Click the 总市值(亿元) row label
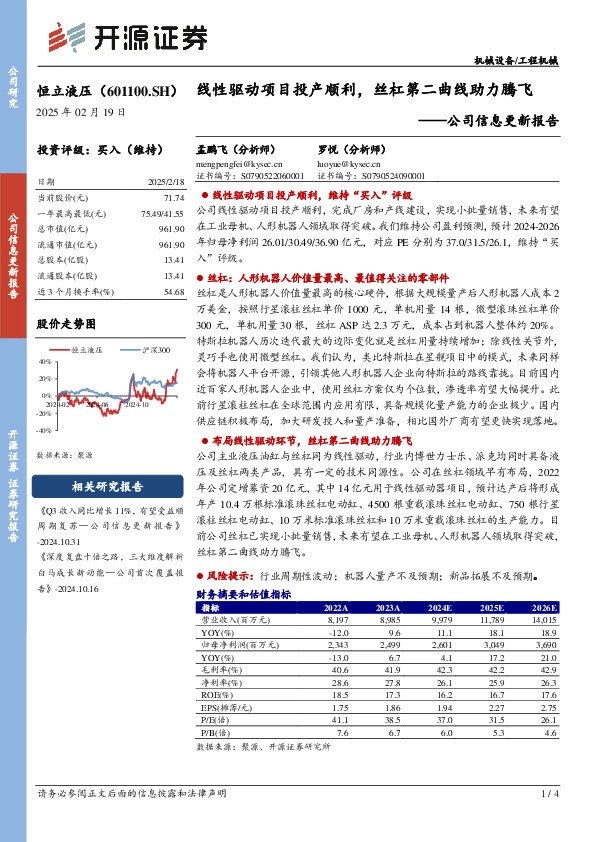59,230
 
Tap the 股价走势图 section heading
66,324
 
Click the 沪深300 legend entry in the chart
155,350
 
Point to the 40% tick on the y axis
45,361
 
